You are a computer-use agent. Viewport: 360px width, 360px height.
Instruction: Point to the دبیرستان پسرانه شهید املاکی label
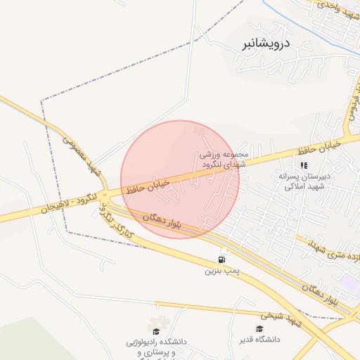click(303, 181)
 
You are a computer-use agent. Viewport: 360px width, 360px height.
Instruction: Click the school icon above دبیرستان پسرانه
click(304, 166)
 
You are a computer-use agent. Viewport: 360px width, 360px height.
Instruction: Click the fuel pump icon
click(224, 259)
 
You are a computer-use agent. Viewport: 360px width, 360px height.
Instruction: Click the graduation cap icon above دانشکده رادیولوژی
click(155, 330)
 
